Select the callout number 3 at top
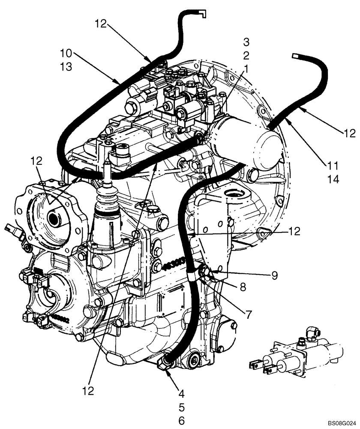point(246,42)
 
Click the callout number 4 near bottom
point(181,392)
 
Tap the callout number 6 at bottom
point(181,420)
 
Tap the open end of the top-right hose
point(295,55)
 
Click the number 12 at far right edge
point(349,133)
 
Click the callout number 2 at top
point(246,55)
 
